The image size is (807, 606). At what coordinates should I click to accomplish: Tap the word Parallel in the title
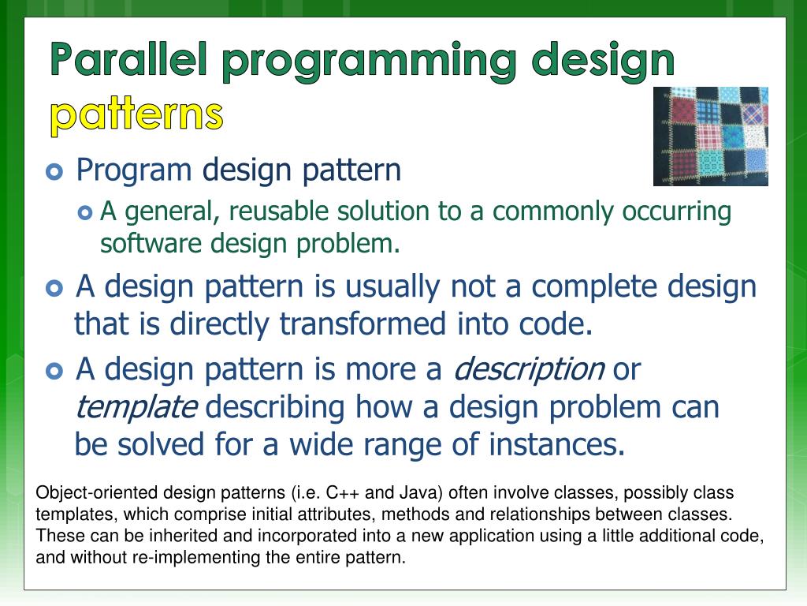(x=128, y=59)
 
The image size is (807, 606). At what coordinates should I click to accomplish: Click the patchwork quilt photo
(x=711, y=136)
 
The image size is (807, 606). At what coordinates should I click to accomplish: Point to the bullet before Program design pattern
(x=54, y=171)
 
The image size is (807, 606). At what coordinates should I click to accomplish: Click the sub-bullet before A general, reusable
(x=85, y=212)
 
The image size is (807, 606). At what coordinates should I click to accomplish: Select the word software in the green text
(x=151, y=244)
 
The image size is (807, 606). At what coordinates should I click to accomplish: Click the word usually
(x=392, y=288)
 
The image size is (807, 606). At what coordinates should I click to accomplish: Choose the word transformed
(x=363, y=324)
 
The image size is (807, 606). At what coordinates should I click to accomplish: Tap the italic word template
(x=136, y=408)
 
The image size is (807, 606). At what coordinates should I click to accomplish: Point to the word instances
(x=556, y=445)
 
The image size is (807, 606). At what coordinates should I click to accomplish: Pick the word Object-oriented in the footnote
(x=96, y=493)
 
